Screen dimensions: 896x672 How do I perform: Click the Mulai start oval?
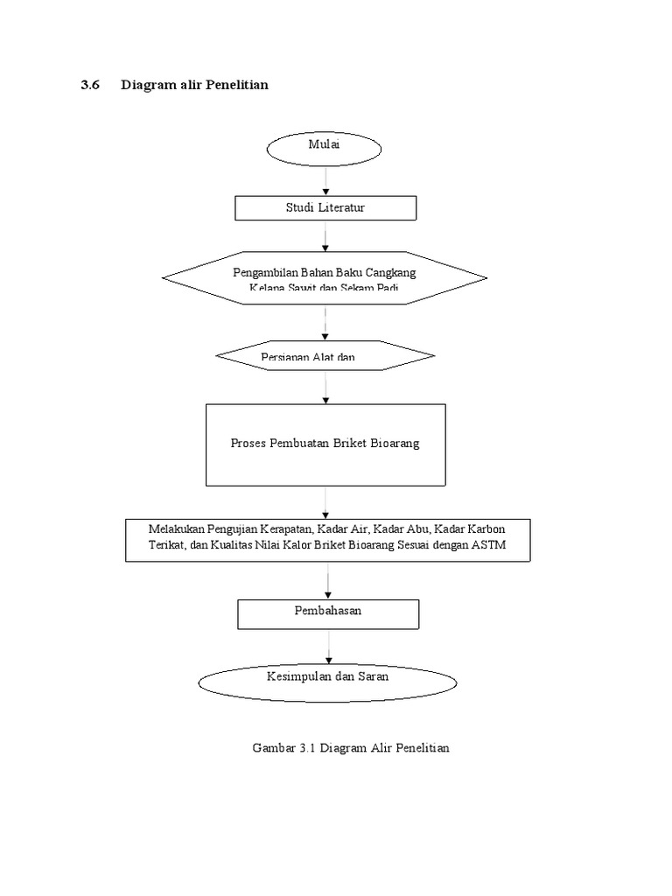[325, 150]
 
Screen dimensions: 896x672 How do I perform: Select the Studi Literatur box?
[325, 207]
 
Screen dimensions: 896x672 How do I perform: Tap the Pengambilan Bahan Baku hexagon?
[325, 277]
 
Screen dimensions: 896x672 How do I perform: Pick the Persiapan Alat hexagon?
[325, 355]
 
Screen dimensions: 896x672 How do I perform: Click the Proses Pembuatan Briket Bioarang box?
[325, 444]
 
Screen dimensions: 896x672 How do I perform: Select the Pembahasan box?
[327, 612]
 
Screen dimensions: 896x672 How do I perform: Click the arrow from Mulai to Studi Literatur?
[326, 182]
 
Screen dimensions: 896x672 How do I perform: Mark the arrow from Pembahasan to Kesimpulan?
[329, 646]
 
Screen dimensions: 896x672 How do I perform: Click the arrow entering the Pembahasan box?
[329, 580]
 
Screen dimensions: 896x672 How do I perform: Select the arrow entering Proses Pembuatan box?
[326, 387]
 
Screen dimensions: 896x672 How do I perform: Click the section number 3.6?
[92, 85]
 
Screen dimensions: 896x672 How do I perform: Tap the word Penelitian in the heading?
[236, 85]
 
